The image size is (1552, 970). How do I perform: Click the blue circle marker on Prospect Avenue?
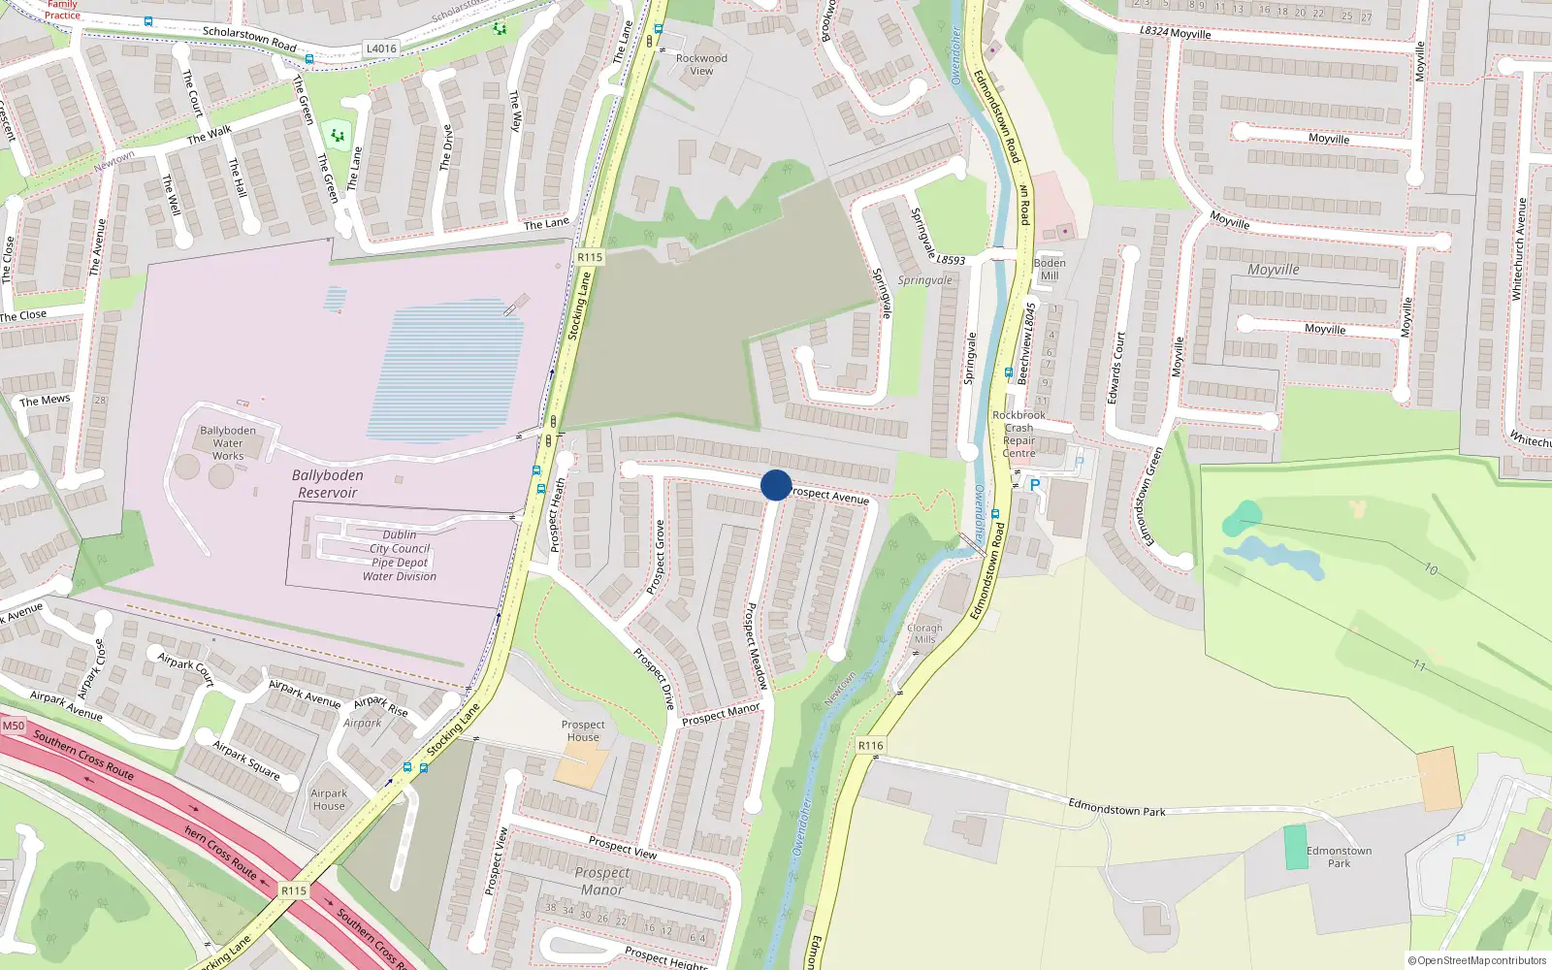[x=776, y=485]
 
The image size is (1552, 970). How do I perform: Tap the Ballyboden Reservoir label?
[x=328, y=484]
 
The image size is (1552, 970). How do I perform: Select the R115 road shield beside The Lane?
[x=590, y=257]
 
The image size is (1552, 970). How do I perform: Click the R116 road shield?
[x=871, y=746]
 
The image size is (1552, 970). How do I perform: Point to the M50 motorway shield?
[x=14, y=726]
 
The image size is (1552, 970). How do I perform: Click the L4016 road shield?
[x=381, y=48]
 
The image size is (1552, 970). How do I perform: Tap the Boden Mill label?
[x=1050, y=270]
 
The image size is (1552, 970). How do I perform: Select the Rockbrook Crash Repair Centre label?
[x=1018, y=434]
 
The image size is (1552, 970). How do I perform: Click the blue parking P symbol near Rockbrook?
[x=1034, y=485]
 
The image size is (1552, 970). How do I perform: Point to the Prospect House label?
[x=583, y=730]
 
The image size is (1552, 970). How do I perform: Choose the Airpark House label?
[x=329, y=799]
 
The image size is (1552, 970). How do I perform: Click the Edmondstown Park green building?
[x=1296, y=847]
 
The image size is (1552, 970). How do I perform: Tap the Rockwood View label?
[x=701, y=64]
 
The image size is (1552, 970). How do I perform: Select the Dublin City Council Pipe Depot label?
[x=400, y=556]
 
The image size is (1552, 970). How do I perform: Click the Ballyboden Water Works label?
[x=228, y=443]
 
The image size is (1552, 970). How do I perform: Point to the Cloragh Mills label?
[x=924, y=633]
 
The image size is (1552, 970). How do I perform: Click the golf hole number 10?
[x=1431, y=568]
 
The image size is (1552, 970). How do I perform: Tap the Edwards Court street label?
[x=1116, y=369]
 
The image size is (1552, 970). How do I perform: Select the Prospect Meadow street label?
[x=756, y=646]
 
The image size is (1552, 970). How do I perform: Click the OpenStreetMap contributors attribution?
[x=1477, y=960]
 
